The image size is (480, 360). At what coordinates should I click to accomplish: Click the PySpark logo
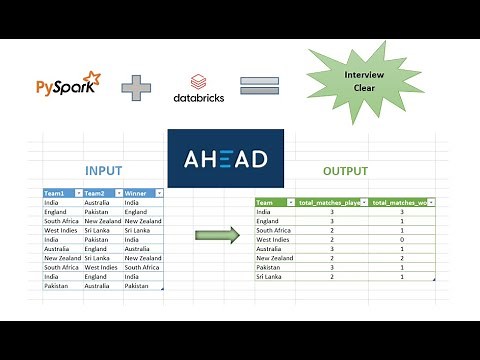pyautogui.click(x=68, y=87)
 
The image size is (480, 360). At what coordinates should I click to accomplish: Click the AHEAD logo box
pyautogui.click(x=225, y=159)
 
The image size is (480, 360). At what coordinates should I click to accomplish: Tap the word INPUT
pyautogui.click(x=104, y=170)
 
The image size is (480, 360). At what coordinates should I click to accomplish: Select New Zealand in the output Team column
pyautogui.click(x=276, y=257)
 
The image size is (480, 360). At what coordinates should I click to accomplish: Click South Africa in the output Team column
pyautogui.click(x=275, y=230)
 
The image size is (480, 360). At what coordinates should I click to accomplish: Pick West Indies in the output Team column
pyautogui.click(x=275, y=239)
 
